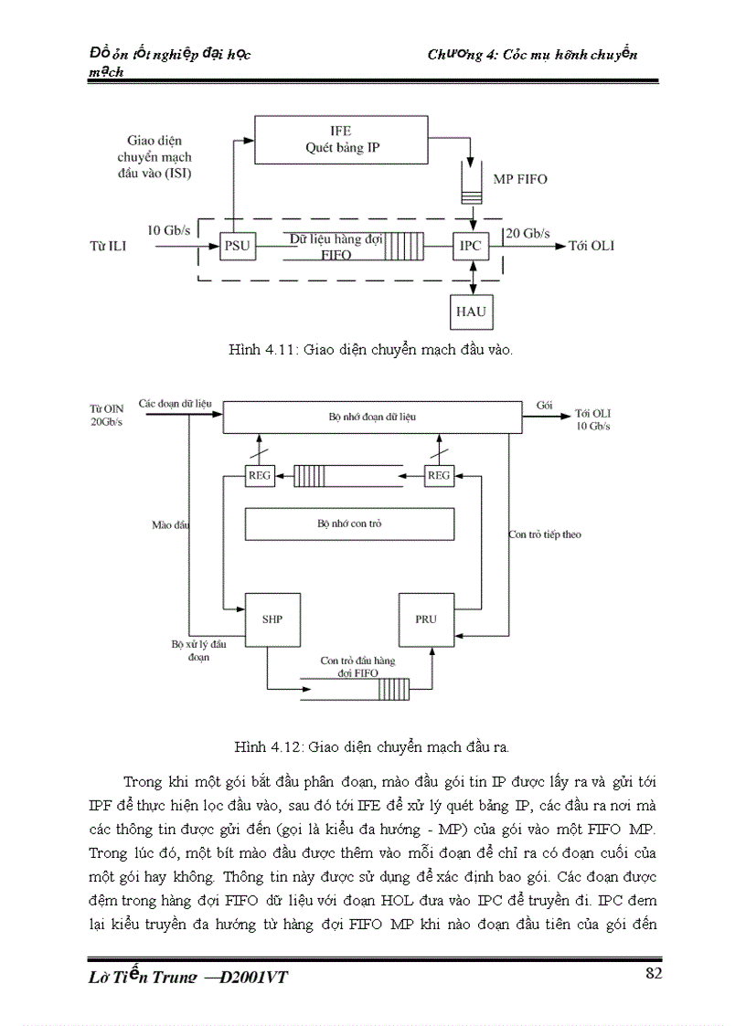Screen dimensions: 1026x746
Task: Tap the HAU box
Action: click(x=472, y=312)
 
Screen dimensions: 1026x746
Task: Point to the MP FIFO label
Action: click(x=520, y=179)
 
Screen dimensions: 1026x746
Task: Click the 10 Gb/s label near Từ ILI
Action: click(x=169, y=231)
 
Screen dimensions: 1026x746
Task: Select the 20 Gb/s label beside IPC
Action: click(x=528, y=233)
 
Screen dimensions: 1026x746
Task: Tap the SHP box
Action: click(x=272, y=619)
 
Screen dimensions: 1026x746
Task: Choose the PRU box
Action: click(x=426, y=619)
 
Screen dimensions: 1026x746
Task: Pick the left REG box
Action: click(x=260, y=475)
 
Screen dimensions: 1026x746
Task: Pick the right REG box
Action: click(x=439, y=475)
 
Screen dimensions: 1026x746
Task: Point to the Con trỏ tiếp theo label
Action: click(x=545, y=534)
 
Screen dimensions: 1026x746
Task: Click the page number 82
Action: click(x=653, y=973)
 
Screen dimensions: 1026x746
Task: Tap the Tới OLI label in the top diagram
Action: click(x=591, y=247)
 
